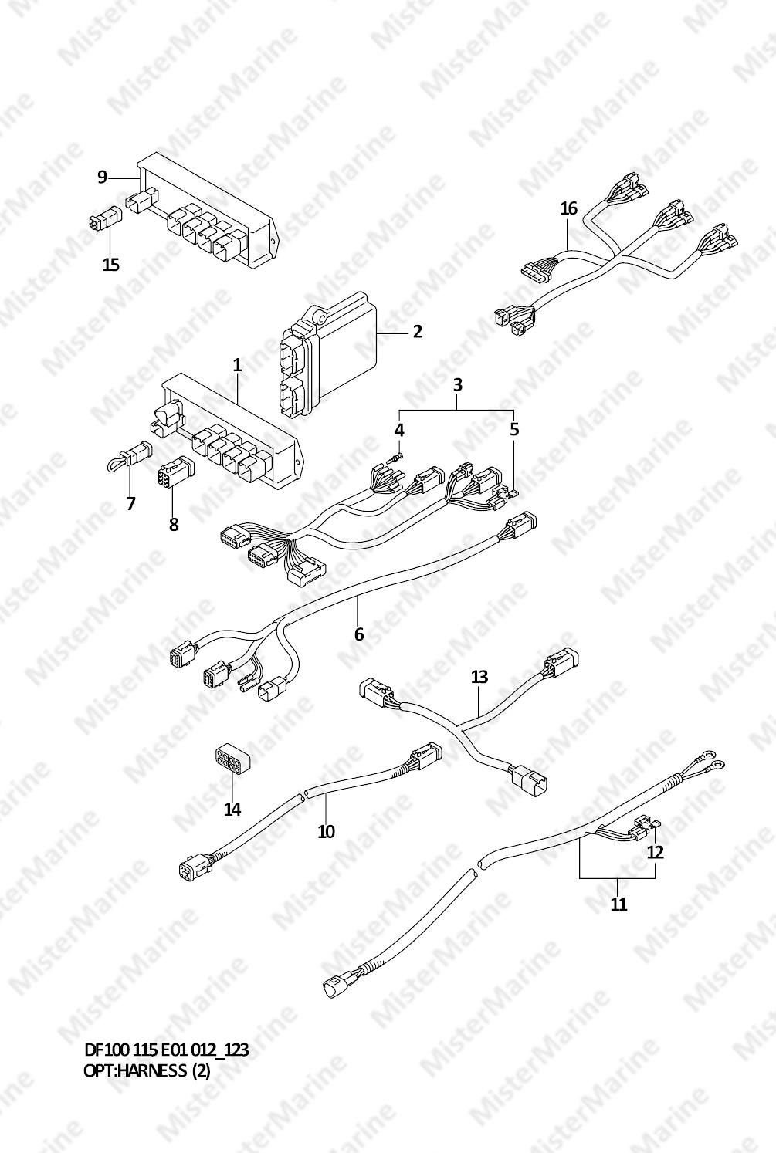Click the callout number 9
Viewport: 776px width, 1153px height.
tap(102, 177)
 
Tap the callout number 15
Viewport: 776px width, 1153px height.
tap(110, 265)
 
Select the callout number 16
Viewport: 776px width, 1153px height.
tap(568, 208)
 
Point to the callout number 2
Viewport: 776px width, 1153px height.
tap(417, 332)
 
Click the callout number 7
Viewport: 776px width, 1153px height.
tap(130, 503)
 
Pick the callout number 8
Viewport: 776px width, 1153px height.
tap(174, 524)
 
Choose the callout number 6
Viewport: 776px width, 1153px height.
tap(359, 634)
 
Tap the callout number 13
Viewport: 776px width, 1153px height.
tap(479, 677)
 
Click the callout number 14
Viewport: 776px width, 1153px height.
tap(232, 810)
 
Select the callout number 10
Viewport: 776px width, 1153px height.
tap(326, 831)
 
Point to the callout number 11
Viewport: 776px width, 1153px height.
tap(618, 904)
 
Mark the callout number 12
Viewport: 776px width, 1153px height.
tap(656, 852)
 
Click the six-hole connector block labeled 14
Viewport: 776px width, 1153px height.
tap(230, 758)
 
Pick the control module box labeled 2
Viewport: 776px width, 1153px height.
tap(328, 353)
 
